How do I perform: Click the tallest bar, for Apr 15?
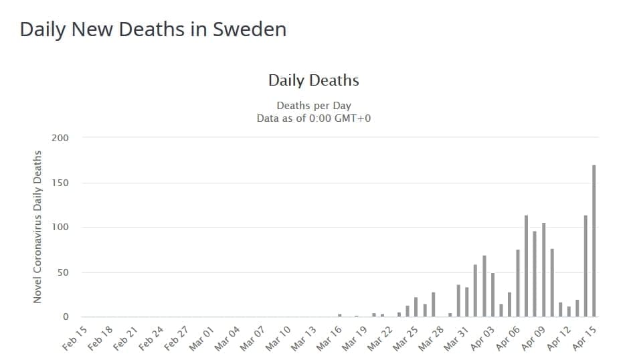point(594,241)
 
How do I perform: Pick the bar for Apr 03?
point(492,295)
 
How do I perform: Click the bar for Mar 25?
point(416,307)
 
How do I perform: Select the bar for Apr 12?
point(569,312)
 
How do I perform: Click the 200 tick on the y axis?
point(60,138)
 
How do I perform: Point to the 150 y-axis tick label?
point(60,183)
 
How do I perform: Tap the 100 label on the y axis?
point(60,228)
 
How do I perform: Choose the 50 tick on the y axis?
point(62,272)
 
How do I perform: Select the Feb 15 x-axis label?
point(76,339)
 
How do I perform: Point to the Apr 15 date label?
point(584,339)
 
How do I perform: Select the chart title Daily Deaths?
point(314,81)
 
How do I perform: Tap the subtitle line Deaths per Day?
point(314,106)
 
